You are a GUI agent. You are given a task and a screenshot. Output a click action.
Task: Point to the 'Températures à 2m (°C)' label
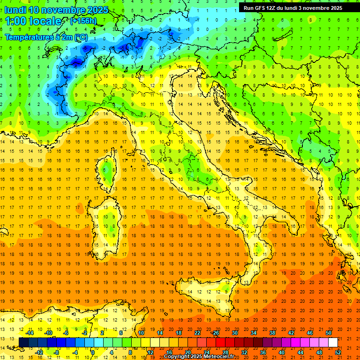46,37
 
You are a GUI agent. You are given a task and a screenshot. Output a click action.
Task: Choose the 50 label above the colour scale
329,333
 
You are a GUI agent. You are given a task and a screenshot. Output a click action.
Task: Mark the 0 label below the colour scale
93,352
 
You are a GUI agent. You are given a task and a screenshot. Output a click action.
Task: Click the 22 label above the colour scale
197,333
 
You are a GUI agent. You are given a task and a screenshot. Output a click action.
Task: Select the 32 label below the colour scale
244,352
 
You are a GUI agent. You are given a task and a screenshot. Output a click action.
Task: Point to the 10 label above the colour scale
141,333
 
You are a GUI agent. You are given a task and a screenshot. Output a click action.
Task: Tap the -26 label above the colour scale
216,333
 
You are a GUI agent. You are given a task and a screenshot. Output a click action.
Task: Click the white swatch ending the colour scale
333,342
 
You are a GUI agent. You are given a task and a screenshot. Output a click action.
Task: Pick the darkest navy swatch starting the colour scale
23,342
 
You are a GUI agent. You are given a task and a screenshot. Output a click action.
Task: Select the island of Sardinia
108,223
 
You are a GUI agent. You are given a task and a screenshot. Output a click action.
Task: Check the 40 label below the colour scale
282,352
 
